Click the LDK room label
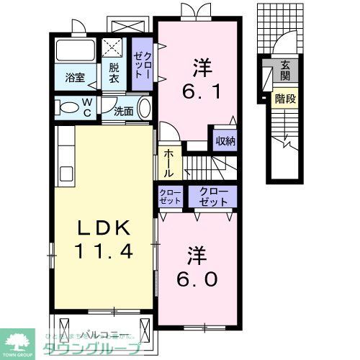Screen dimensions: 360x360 (104, 229)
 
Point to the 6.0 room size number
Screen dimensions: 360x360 (194, 276)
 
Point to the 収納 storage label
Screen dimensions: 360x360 (225, 140)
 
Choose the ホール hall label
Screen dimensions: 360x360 (168, 163)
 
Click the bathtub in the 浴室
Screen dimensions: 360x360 (74, 51)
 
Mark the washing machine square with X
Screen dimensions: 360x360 (114, 48)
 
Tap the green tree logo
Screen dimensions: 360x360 (21, 341)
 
